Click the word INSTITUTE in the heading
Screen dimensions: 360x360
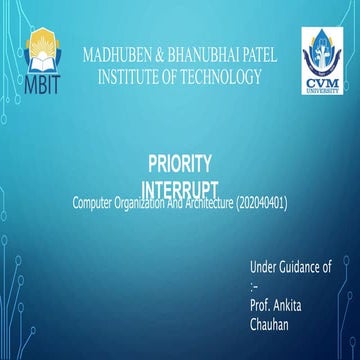(135, 75)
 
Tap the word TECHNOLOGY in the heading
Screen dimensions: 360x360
(218, 75)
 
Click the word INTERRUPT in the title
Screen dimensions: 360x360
(180, 188)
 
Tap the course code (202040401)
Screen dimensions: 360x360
(262, 204)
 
